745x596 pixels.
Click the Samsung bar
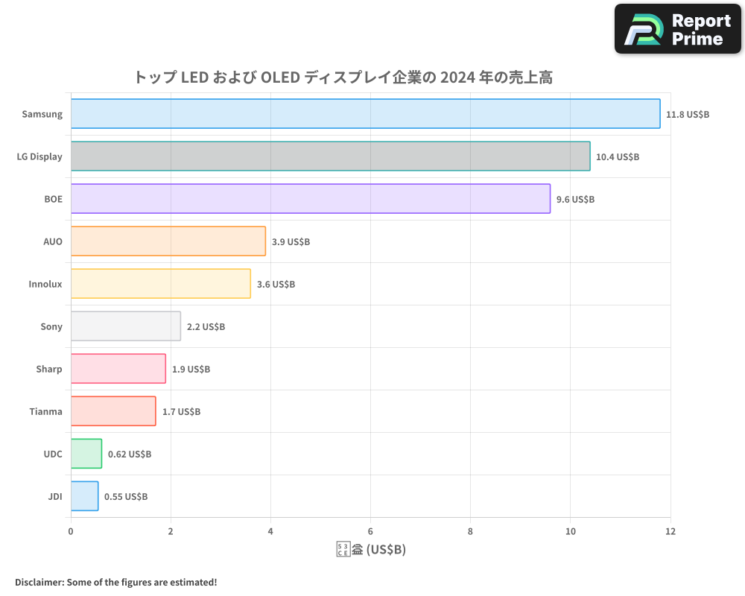[x=365, y=114]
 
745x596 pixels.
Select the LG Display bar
[x=330, y=156]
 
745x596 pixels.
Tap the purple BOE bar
[x=310, y=199]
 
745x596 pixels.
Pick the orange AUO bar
[x=168, y=241]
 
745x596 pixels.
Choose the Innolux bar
[x=160, y=284]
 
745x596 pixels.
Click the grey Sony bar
[x=125, y=326]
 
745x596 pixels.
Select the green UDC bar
[x=86, y=454]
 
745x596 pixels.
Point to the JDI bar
[x=84, y=496]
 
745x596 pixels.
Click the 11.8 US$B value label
[x=688, y=115]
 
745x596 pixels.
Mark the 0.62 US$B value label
[x=130, y=454]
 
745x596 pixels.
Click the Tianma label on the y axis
[x=45, y=411]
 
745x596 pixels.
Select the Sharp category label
[x=49, y=369]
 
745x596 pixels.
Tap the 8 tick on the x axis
[x=470, y=531]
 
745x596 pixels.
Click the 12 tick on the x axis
[x=670, y=531]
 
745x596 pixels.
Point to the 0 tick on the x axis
[x=71, y=531]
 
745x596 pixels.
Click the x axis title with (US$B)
[x=371, y=550]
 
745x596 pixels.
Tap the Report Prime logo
[x=678, y=29]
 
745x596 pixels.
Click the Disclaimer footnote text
[x=115, y=582]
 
